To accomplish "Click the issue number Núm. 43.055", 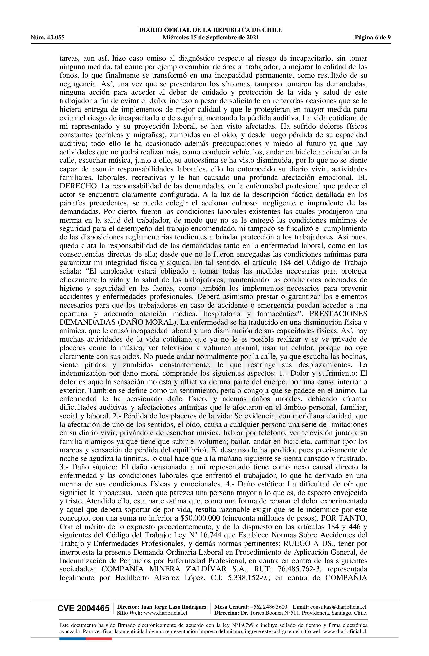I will click(x=47, y=38).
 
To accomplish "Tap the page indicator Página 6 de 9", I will click(x=372, y=38).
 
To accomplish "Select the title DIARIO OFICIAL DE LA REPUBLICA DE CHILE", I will click(x=211, y=30).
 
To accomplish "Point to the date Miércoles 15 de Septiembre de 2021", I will click(x=211, y=38).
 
